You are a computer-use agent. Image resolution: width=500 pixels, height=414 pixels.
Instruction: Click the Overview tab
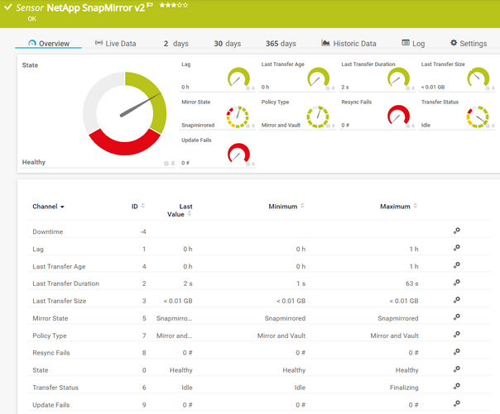click(x=49, y=44)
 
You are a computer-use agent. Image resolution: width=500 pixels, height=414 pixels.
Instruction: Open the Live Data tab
click(x=115, y=44)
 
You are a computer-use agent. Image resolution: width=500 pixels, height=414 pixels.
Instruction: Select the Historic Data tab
click(x=349, y=44)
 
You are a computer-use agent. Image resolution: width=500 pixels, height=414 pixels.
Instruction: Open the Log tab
click(x=413, y=44)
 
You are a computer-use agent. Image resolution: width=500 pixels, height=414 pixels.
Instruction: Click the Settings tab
click(x=469, y=44)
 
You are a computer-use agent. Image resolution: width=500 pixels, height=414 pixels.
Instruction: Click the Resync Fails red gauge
click(x=399, y=117)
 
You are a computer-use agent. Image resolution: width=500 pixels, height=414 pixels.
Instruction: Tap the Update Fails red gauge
click(x=238, y=154)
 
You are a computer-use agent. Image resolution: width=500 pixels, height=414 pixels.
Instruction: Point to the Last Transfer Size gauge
click(x=478, y=79)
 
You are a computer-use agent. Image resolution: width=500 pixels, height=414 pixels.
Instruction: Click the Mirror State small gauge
click(x=238, y=117)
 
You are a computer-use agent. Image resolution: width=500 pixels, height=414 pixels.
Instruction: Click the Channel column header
click(x=48, y=207)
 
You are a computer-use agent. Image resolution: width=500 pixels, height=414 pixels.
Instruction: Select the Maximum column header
click(x=395, y=207)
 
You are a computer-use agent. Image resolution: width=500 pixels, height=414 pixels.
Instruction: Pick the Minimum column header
click(x=283, y=207)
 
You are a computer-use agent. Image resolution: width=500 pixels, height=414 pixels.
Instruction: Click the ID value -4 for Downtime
click(x=143, y=231)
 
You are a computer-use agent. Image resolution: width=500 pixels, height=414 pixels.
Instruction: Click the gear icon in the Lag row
click(x=456, y=249)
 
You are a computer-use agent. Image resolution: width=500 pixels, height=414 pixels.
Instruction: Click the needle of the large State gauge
click(x=138, y=106)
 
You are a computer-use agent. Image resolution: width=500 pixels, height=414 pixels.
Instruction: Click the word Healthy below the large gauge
click(x=34, y=162)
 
